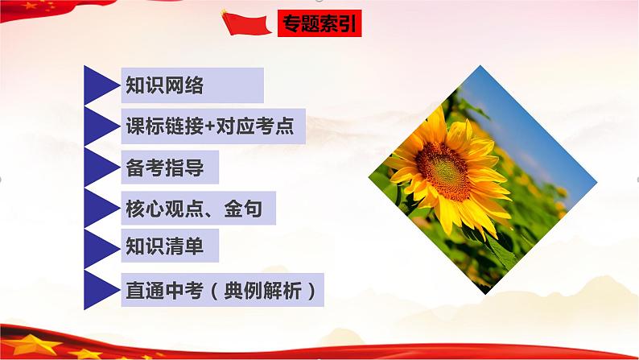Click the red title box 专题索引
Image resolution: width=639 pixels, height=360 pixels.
tap(318, 24)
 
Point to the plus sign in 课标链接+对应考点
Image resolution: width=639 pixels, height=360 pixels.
tap(205, 126)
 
